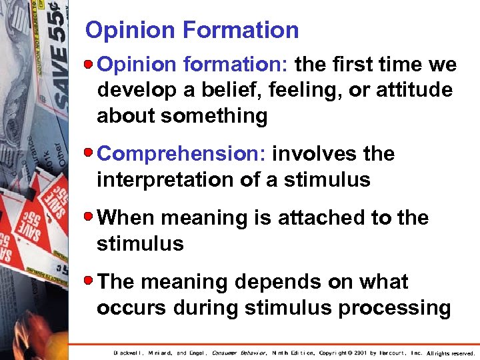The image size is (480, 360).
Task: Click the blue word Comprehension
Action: (x=182, y=154)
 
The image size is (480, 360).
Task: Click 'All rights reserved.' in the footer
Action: (x=451, y=353)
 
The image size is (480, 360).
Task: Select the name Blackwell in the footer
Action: (x=131, y=353)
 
